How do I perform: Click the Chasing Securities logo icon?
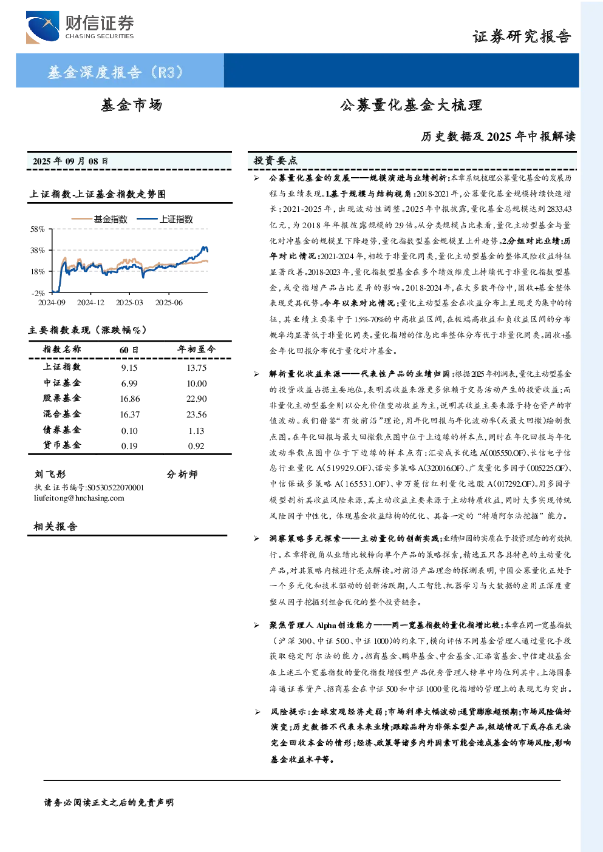click(43, 27)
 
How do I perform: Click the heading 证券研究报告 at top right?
click(522, 37)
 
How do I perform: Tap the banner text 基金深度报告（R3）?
click(115, 72)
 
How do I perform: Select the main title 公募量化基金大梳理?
click(411, 105)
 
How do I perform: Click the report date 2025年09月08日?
click(70, 161)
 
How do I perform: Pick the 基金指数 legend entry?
click(100, 219)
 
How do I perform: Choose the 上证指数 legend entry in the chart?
click(165, 219)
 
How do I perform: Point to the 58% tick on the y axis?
click(38, 229)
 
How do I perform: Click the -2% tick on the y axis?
click(38, 293)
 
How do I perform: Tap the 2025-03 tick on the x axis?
click(129, 302)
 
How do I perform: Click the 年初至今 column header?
click(196, 349)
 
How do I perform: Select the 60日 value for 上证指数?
click(129, 368)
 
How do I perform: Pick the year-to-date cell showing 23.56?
click(196, 414)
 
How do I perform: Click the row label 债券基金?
click(62, 430)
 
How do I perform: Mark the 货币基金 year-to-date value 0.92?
click(196, 446)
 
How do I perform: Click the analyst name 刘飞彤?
click(50, 475)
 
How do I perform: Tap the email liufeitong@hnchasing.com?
click(79, 498)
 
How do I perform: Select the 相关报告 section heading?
click(56, 526)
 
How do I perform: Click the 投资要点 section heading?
click(276, 161)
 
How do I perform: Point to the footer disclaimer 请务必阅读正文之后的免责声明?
click(109, 803)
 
